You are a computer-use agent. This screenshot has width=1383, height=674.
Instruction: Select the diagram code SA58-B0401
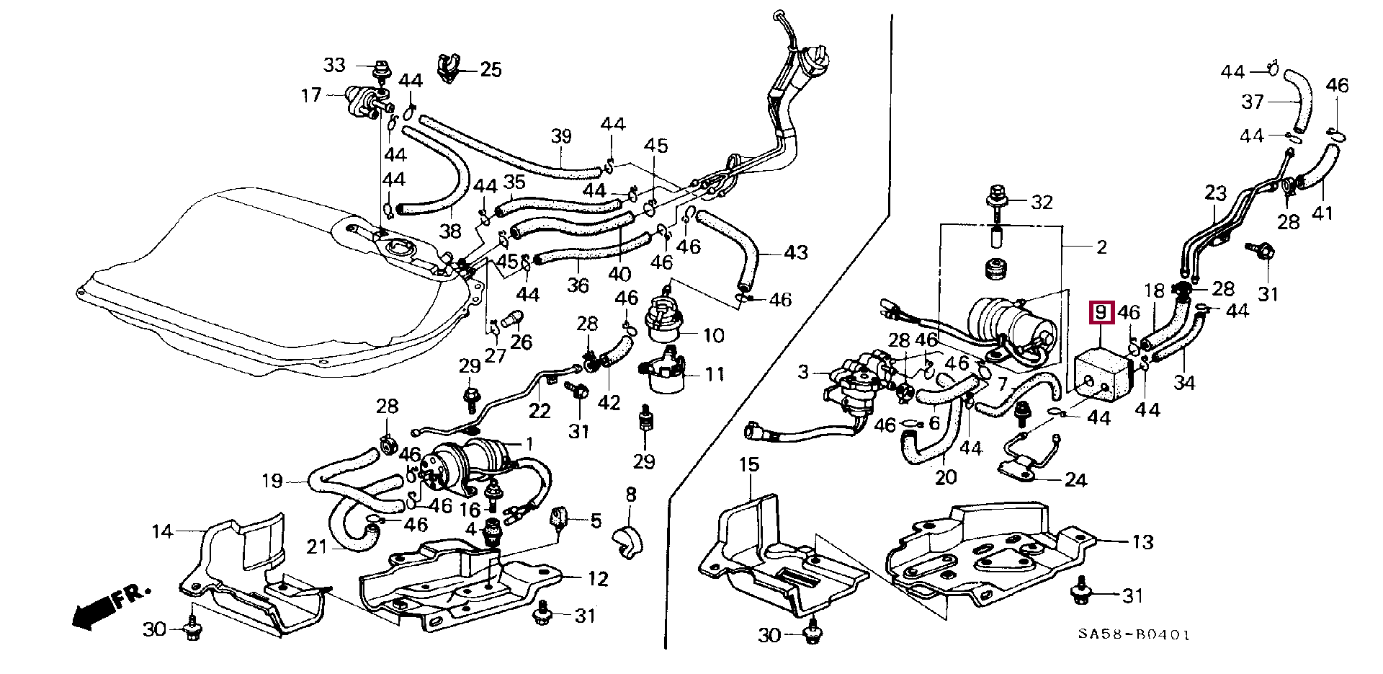[x=1134, y=635]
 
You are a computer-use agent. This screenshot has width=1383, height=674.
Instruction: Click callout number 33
[x=334, y=66]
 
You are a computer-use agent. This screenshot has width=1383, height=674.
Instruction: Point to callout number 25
[x=491, y=70]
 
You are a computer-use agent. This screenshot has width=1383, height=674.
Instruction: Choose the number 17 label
[x=311, y=95]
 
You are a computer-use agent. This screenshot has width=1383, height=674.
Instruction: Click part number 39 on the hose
[x=561, y=136]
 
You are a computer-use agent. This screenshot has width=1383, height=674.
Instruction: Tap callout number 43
[x=796, y=252]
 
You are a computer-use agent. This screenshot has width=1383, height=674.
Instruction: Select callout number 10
[x=713, y=335]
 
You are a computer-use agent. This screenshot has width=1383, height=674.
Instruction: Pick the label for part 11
[x=714, y=374]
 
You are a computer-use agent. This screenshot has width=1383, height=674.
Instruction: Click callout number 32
[x=1042, y=202]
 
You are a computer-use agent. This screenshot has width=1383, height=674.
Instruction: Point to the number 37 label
[x=1253, y=102]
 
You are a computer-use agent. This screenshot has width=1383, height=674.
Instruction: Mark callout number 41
[x=1323, y=213]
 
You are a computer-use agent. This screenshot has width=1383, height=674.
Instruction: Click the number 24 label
[x=1075, y=479]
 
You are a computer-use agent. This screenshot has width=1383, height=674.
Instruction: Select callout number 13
[x=1142, y=541]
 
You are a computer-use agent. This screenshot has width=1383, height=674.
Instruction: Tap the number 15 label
[x=749, y=465]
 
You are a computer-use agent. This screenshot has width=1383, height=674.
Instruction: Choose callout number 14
[x=163, y=532]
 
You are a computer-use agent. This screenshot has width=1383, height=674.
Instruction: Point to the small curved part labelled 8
[x=628, y=543]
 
